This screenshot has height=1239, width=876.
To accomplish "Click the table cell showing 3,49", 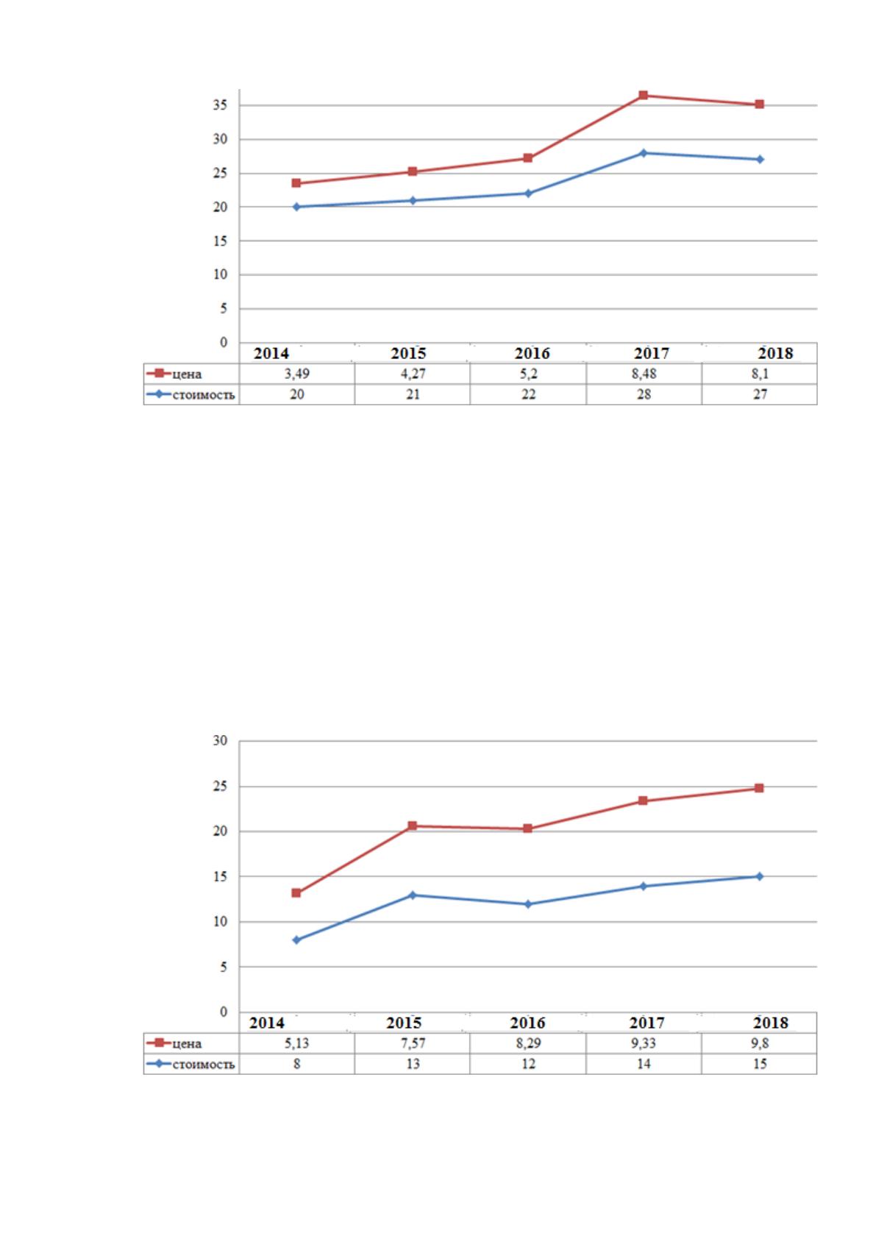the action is (x=297, y=374).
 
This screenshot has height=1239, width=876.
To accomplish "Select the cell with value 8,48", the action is (x=644, y=374).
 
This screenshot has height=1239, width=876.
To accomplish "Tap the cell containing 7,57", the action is (x=413, y=1043).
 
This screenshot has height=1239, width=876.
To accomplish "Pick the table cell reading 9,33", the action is (x=644, y=1043).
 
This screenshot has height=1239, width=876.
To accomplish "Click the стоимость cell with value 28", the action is (x=644, y=394).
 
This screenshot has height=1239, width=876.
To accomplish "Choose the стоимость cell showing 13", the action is (x=413, y=1064).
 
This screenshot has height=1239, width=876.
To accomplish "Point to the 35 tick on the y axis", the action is (x=220, y=105).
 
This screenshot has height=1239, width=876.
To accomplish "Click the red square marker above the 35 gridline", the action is (x=643, y=95).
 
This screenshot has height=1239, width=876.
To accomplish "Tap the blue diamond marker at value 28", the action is (x=643, y=152).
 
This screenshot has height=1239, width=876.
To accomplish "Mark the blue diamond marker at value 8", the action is (x=296, y=940).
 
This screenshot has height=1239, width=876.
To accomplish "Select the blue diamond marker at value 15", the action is (x=759, y=876).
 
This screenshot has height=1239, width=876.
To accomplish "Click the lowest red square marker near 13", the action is (x=296, y=892).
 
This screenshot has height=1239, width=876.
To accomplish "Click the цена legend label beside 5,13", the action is (x=187, y=1044).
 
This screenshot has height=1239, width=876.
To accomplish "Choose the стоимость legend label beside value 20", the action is (x=204, y=395).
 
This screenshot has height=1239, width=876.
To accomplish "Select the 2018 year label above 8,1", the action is (x=775, y=353).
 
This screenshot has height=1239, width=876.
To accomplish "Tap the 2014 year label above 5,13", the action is (x=266, y=1023).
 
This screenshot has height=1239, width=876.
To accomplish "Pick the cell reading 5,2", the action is (x=528, y=374).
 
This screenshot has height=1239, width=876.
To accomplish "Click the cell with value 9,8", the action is (x=759, y=1043).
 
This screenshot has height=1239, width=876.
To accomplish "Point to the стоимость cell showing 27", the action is (x=759, y=394).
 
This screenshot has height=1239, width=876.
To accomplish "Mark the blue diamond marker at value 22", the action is (x=527, y=194).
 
